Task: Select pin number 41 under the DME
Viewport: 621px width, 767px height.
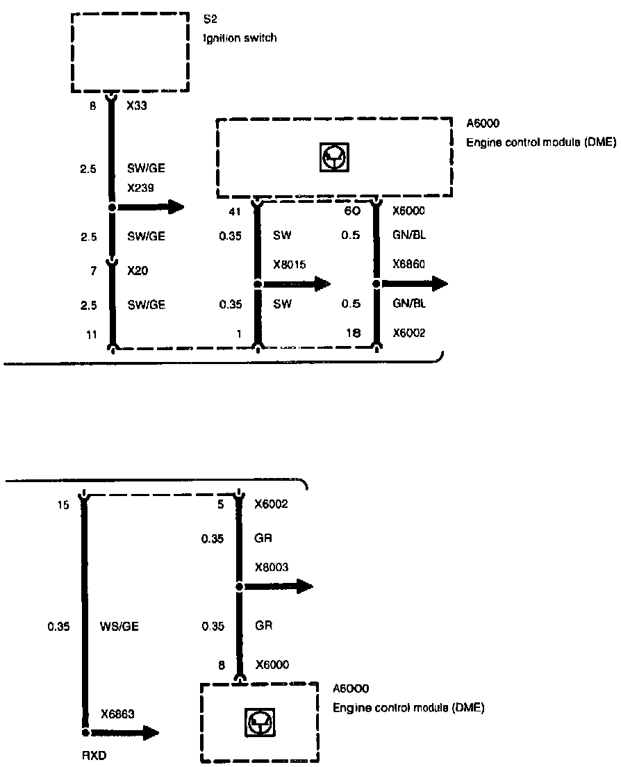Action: click(234, 211)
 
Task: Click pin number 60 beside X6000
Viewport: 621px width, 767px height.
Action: click(353, 211)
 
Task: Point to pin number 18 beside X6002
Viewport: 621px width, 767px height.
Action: click(353, 334)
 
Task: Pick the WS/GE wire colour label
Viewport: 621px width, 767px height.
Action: click(119, 626)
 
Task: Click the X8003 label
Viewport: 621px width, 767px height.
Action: click(272, 567)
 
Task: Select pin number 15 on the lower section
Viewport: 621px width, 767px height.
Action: click(63, 505)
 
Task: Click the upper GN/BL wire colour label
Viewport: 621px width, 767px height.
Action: click(408, 236)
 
